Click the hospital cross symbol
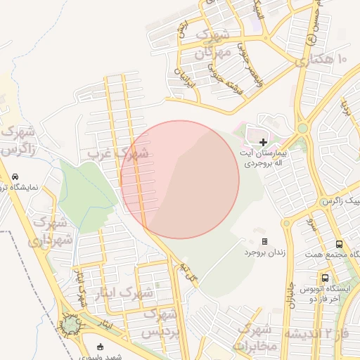[263, 143]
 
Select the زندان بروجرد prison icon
[264, 241]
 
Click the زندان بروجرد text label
[264, 252]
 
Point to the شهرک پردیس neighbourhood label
[162, 323]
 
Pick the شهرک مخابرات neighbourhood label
[254, 337]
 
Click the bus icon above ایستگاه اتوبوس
[324, 278]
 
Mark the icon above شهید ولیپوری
[100, 346]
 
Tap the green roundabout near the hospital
[303, 128]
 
